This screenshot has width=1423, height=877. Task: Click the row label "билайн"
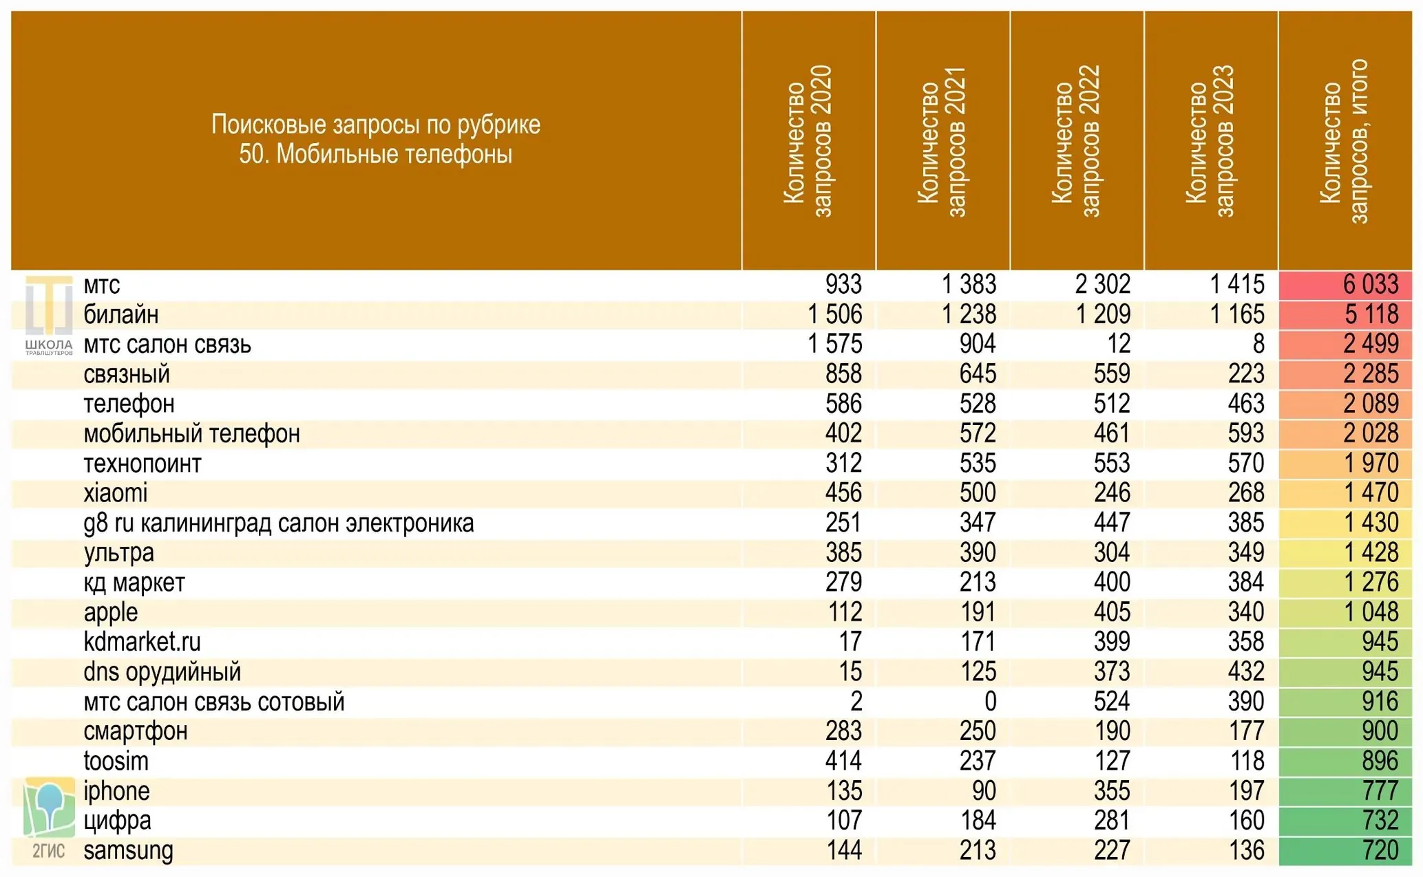(121, 314)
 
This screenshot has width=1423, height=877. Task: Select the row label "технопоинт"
(143, 464)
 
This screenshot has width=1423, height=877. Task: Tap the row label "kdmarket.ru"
(143, 642)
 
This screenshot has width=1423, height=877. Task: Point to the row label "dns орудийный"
(162, 672)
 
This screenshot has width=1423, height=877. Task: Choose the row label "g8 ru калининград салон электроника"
(279, 523)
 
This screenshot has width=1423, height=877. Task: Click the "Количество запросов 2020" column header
(808, 141)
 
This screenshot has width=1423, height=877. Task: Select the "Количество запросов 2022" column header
(1077, 141)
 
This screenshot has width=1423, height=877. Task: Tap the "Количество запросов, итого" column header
(1345, 141)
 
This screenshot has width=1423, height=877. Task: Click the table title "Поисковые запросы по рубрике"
(376, 124)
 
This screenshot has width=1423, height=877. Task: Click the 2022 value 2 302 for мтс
(1103, 284)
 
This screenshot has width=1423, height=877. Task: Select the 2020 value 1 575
(835, 344)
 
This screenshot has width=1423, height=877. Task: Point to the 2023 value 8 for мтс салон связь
(1258, 344)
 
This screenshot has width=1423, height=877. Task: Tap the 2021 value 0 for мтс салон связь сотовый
(990, 702)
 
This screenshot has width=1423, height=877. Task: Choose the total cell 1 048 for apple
(1371, 612)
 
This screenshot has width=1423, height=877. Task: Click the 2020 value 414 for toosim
(844, 761)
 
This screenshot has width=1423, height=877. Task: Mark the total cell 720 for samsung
(1380, 850)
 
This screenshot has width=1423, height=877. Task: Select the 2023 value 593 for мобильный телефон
(1246, 433)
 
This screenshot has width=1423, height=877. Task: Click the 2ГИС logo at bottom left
(49, 819)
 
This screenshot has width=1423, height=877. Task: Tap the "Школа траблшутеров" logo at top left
(49, 315)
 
